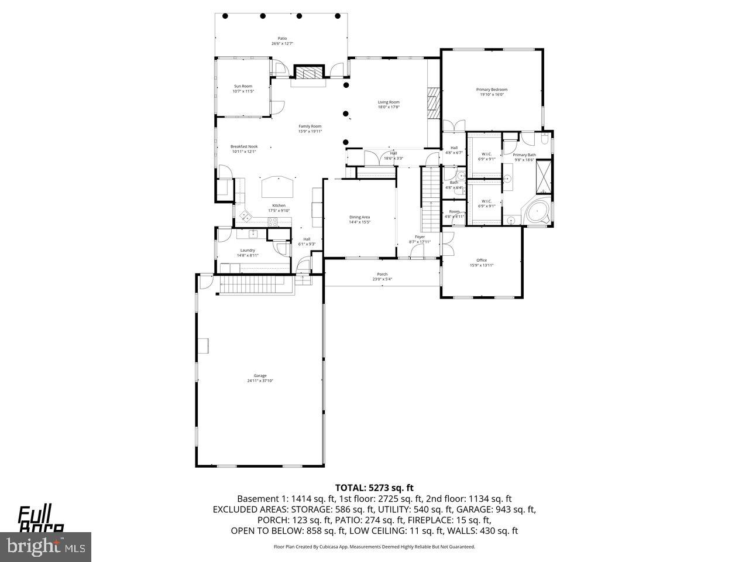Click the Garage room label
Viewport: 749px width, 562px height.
click(x=260, y=376)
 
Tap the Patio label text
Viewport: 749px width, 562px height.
click(x=282, y=39)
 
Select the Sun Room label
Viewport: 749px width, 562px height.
click(x=243, y=86)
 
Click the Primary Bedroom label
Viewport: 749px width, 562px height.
click(x=492, y=90)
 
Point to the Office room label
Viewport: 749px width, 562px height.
click(x=482, y=261)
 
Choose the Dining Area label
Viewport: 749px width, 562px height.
click(x=359, y=217)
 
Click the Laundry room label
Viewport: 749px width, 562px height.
click(x=248, y=250)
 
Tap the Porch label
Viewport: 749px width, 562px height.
click(x=382, y=274)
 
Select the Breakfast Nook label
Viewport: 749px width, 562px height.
click(x=244, y=146)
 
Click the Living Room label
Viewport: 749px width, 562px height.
click(x=389, y=102)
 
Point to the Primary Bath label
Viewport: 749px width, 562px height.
click(x=524, y=155)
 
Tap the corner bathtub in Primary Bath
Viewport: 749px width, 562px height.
click(x=537, y=212)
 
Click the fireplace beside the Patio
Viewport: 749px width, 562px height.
click(x=308, y=73)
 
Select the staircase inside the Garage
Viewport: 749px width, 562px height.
click(x=255, y=286)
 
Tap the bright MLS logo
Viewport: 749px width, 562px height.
click(x=44, y=547)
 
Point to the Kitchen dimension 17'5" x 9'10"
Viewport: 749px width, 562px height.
click(x=279, y=211)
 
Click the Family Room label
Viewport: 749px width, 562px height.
click(x=310, y=126)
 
